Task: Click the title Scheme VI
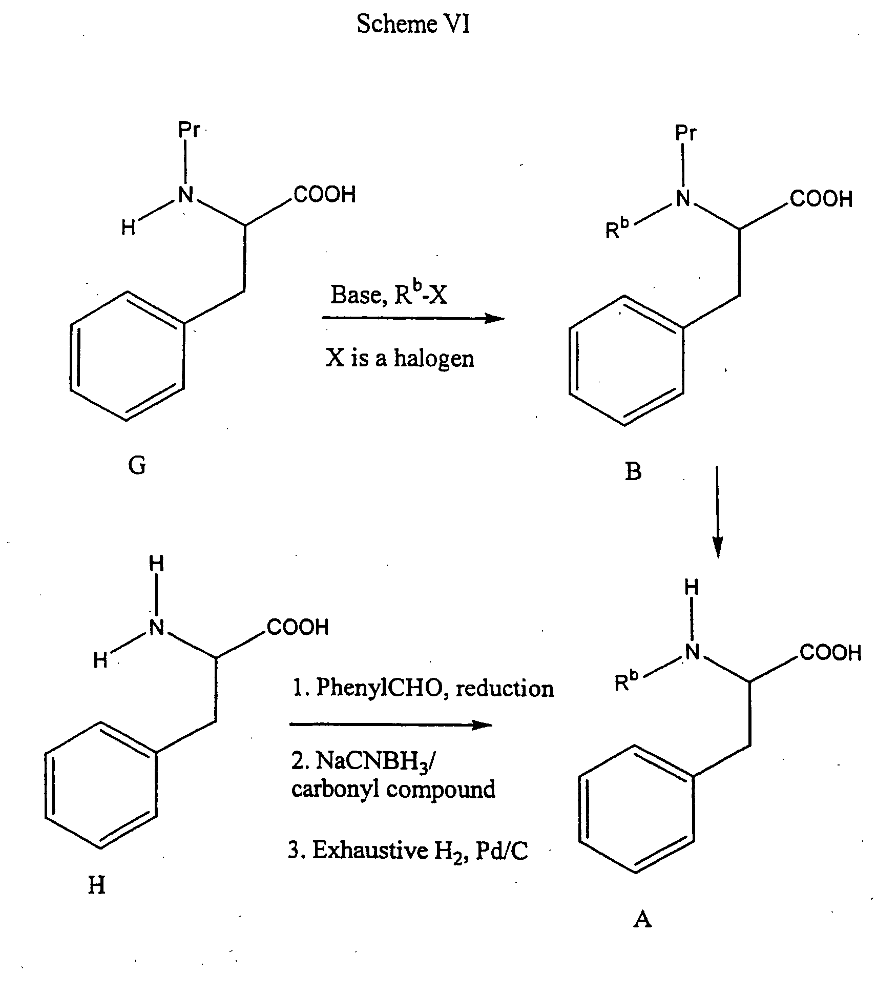(413, 24)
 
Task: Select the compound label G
(137, 465)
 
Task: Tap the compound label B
(633, 471)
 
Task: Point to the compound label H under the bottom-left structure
(97, 885)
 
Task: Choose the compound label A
(642, 919)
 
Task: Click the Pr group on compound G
(189, 130)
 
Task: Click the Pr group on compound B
(685, 133)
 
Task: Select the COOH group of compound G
(325, 195)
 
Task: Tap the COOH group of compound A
(830, 653)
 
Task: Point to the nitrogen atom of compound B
(683, 199)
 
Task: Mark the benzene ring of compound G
(127, 356)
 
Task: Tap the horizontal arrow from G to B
(413, 319)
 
